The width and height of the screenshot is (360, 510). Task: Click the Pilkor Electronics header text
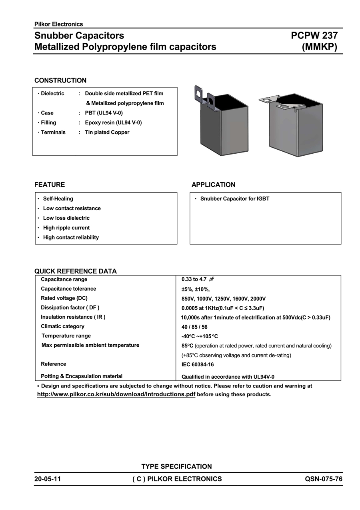click(x=58, y=24)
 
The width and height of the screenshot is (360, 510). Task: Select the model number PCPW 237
click(x=314, y=36)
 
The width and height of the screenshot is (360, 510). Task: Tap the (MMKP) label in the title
click(x=320, y=47)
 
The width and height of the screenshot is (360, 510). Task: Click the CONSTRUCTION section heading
click(x=60, y=80)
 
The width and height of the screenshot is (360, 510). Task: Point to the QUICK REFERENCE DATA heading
click(x=76, y=271)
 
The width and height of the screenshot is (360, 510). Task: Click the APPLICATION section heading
click(x=213, y=185)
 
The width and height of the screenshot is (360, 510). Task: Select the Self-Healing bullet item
click(x=58, y=199)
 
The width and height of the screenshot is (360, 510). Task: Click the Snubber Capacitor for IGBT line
click(x=235, y=199)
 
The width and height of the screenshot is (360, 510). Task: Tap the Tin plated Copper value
click(x=107, y=132)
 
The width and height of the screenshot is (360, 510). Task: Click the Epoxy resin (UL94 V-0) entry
click(x=113, y=122)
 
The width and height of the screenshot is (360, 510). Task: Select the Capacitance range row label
click(x=64, y=279)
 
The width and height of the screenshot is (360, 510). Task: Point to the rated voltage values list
click(x=224, y=299)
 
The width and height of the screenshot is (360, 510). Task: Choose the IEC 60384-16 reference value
click(x=198, y=365)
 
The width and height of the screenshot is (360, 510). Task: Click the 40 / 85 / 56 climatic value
click(x=194, y=327)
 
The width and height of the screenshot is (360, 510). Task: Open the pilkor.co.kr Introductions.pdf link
click(x=116, y=394)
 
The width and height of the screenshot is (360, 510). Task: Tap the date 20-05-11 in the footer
click(x=48, y=479)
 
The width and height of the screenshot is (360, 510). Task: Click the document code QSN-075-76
click(x=324, y=479)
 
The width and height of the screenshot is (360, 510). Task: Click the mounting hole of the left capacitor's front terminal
click(x=212, y=102)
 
